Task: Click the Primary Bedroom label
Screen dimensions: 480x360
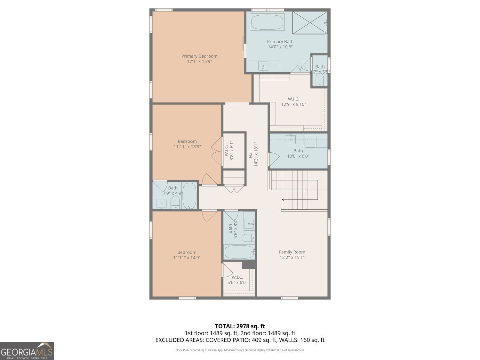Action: (x=199, y=56)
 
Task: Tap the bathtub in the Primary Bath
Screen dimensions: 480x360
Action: (x=267, y=22)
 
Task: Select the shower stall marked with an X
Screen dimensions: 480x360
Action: (x=310, y=23)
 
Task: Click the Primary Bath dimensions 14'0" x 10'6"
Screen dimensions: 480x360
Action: (x=280, y=47)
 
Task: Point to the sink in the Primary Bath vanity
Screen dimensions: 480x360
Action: (x=263, y=66)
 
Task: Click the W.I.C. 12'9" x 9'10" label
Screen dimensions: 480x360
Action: (x=293, y=102)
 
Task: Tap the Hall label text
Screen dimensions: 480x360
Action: (x=251, y=154)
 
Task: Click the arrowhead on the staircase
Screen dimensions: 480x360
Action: (x=283, y=200)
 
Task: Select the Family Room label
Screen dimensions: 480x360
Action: (x=292, y=252)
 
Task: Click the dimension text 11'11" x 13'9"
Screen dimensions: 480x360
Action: (x=187, y=147)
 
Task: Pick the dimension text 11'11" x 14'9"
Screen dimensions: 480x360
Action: (x=187, y=258)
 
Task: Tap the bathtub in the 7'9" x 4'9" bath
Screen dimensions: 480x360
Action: (x=189, y=196)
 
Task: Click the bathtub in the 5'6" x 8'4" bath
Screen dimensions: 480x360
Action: (x=239, y=252)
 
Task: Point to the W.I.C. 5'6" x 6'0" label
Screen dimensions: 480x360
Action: (x=237, y=280)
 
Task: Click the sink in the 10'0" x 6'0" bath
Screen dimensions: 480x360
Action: (x=291, y=139)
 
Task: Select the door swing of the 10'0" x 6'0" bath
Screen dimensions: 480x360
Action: (x=274, y=159)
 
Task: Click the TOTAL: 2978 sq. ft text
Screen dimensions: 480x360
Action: (x=240, y=326)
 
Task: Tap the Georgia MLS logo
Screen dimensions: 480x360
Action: (x=27, y=351)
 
